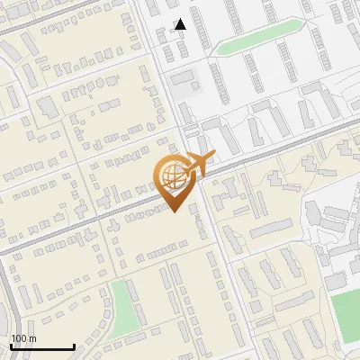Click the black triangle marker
tap(180, 24)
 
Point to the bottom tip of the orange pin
tap(174, 212)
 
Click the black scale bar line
tap(42, 346)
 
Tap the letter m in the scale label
tap(32, 338)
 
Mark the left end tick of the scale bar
tap(11, 346)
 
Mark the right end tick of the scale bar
tap(74, 346)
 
